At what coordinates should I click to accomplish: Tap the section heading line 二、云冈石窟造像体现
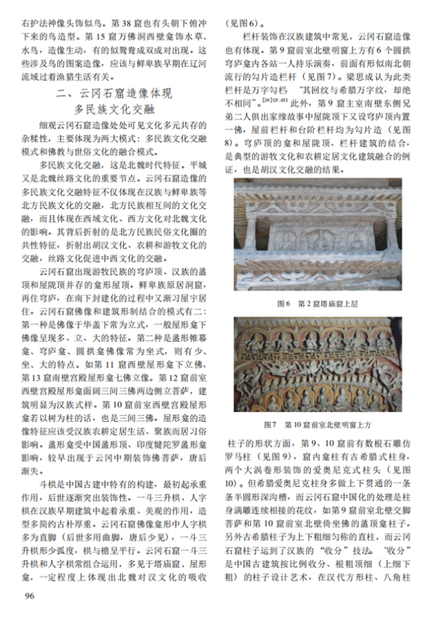coord(116,94)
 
